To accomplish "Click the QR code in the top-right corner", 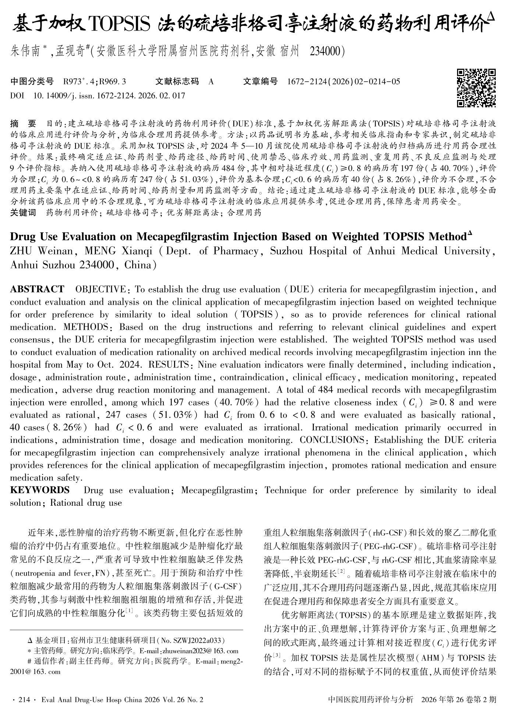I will pos(476,88).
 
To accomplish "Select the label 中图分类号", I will pos(32,82).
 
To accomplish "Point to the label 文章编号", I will pos(260,82).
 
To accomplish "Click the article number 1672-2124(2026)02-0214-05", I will pos(343,82).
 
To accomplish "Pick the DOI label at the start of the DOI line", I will pos(17,96).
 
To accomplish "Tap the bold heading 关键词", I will pos(23,212).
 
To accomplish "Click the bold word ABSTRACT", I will pos(37,289).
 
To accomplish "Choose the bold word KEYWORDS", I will pos(40,490).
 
